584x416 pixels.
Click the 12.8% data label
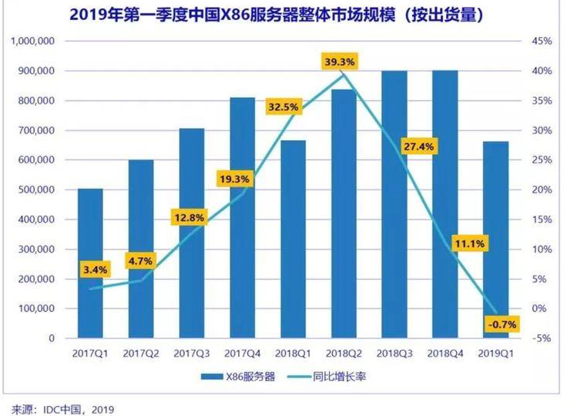click(188, 218)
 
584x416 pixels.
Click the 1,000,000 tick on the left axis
click(32, 41)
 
